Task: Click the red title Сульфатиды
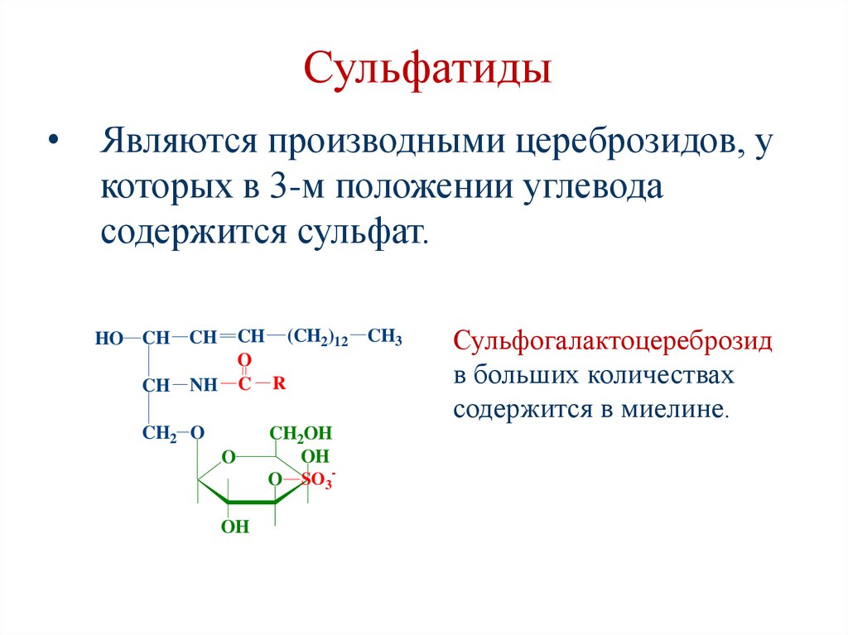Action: click(427, 70)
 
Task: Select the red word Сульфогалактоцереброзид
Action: click(612, 341)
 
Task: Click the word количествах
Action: click(662, 375)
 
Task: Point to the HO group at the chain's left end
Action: click(108, 338)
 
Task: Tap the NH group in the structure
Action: click(202, 385)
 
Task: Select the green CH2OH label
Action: click(300, 433)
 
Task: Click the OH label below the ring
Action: click(235, 527)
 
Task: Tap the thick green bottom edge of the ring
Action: click(252, 502)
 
